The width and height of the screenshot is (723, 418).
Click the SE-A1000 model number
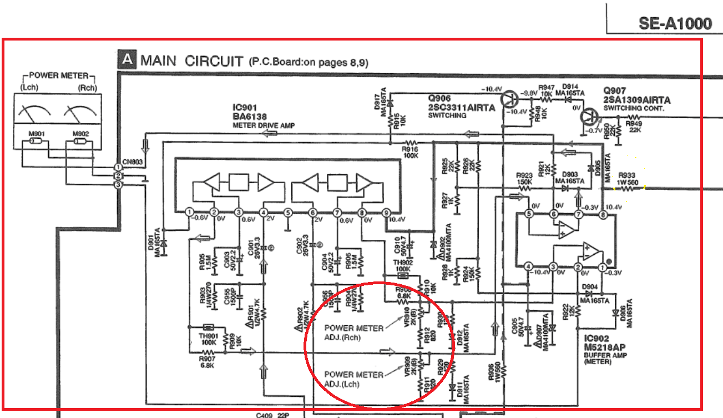[675, 23]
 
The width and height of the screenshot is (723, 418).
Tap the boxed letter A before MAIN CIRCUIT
[126, 60]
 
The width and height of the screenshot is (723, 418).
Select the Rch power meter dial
[79, 114]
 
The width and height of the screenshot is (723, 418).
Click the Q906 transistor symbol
[508, 100]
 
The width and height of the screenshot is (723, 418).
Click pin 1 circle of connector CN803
[118, 167]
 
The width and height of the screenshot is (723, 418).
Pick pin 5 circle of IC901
[287, 212]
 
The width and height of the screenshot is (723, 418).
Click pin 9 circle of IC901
[386, 212]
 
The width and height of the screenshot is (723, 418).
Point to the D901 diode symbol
[164, 243]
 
